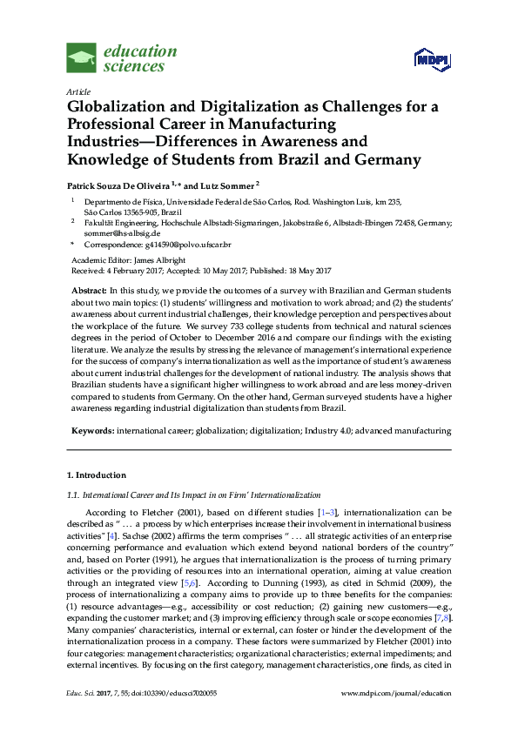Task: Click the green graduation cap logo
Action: [x=82, y=58]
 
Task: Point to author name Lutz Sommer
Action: [x=230, y=185]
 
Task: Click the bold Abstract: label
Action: [x=88, y=288]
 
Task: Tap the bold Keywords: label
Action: [x=91, y=430]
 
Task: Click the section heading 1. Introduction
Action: [x=97, y=475]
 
